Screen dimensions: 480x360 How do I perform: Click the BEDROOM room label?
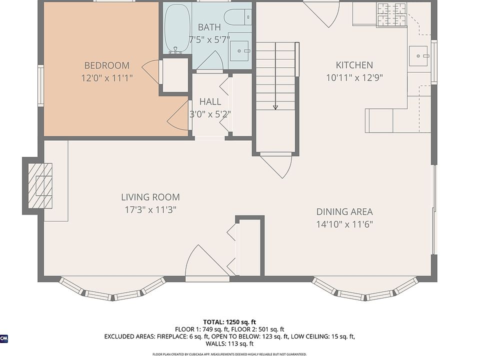coord(107,65)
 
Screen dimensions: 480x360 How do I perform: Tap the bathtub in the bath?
coord(177,29)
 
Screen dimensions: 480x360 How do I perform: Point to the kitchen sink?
coord(418,56)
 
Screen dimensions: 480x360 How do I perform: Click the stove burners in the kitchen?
coord(391,14)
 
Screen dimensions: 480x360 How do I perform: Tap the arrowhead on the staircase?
coord(275,107)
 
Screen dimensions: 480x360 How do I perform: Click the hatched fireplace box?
coord(40,185)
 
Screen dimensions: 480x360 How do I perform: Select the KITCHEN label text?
coord(354,65)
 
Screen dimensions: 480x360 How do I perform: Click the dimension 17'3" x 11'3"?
coord(150,209)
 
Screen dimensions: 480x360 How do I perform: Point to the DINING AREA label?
coord(344,211)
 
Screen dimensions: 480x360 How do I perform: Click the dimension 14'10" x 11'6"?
coord(344,224)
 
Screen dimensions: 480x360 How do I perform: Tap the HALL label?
coord(210,101)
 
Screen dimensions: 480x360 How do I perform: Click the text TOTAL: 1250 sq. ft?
coord(229,322)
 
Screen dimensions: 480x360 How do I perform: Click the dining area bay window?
coord(365,291)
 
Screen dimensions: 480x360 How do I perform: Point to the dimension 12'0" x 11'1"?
coord(107,78)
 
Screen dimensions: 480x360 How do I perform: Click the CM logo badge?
coord(4,338)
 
